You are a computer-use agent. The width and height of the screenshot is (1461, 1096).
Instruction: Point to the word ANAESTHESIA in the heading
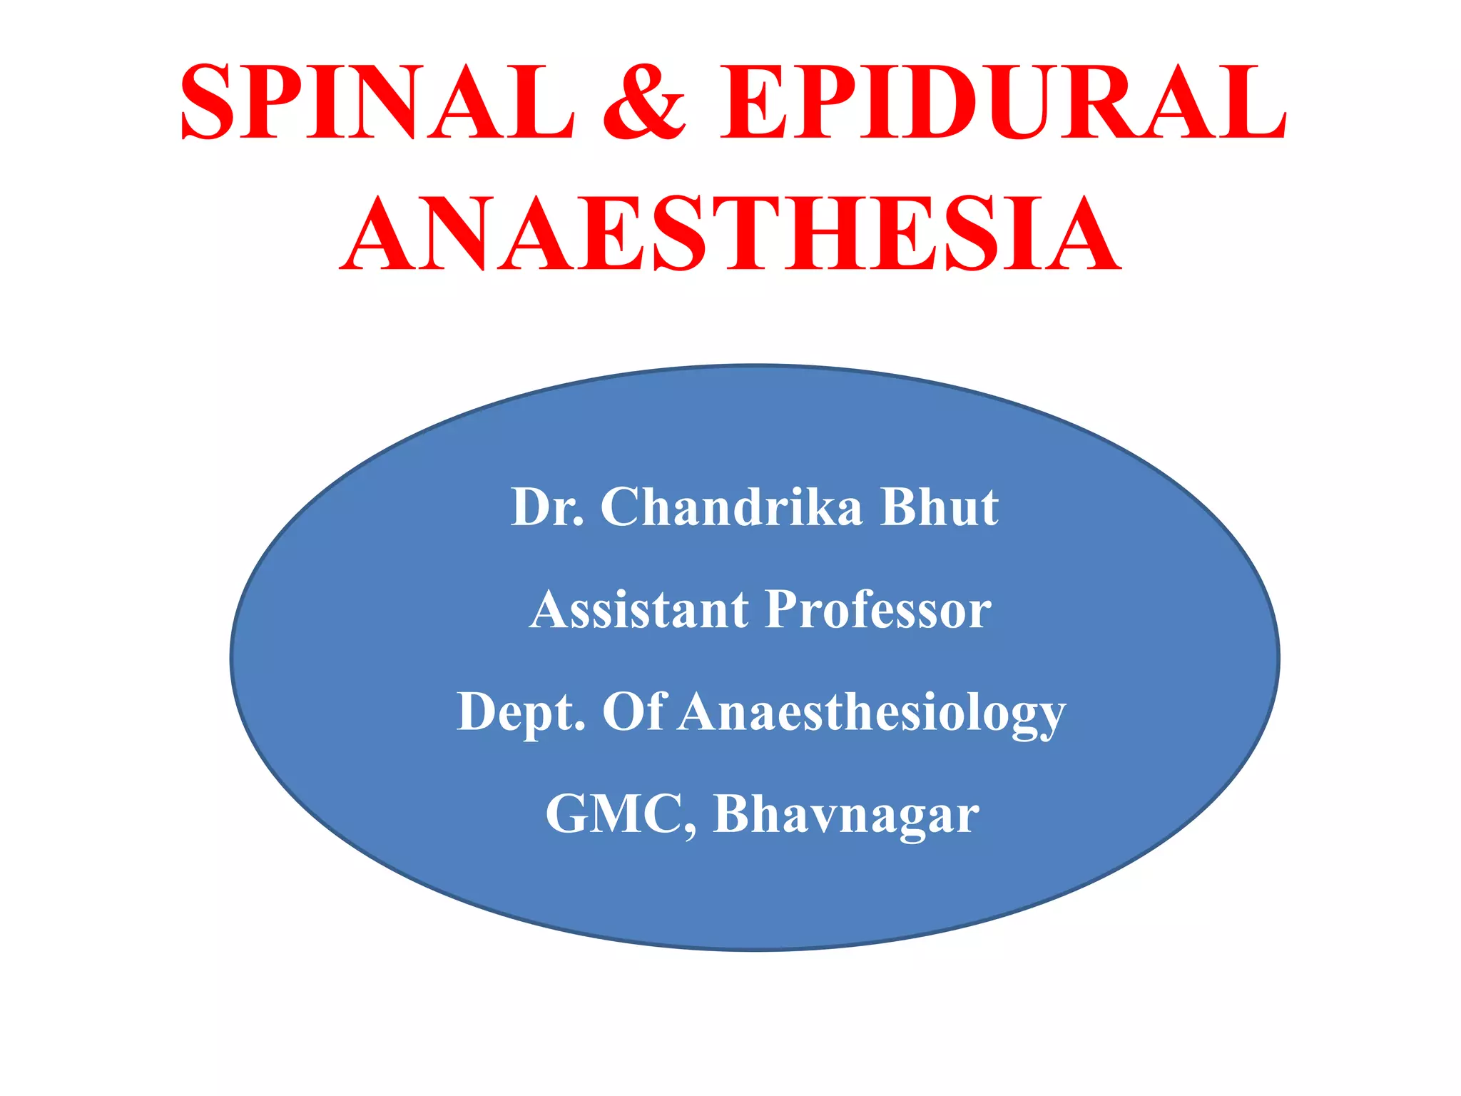pos(730,235)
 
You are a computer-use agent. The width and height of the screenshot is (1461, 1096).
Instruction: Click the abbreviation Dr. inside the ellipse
pos(547,507)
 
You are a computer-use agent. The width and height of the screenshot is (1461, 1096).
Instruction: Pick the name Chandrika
pos(731,507)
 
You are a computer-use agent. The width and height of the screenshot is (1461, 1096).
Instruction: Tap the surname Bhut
pos(940,507)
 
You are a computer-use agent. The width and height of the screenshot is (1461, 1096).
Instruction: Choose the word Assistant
pos(639,610)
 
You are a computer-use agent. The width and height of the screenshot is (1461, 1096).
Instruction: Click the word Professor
pos(878,610)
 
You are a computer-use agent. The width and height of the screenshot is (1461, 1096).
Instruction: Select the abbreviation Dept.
pos(521,712)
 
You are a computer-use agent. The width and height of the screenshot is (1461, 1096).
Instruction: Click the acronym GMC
pos(614,814)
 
